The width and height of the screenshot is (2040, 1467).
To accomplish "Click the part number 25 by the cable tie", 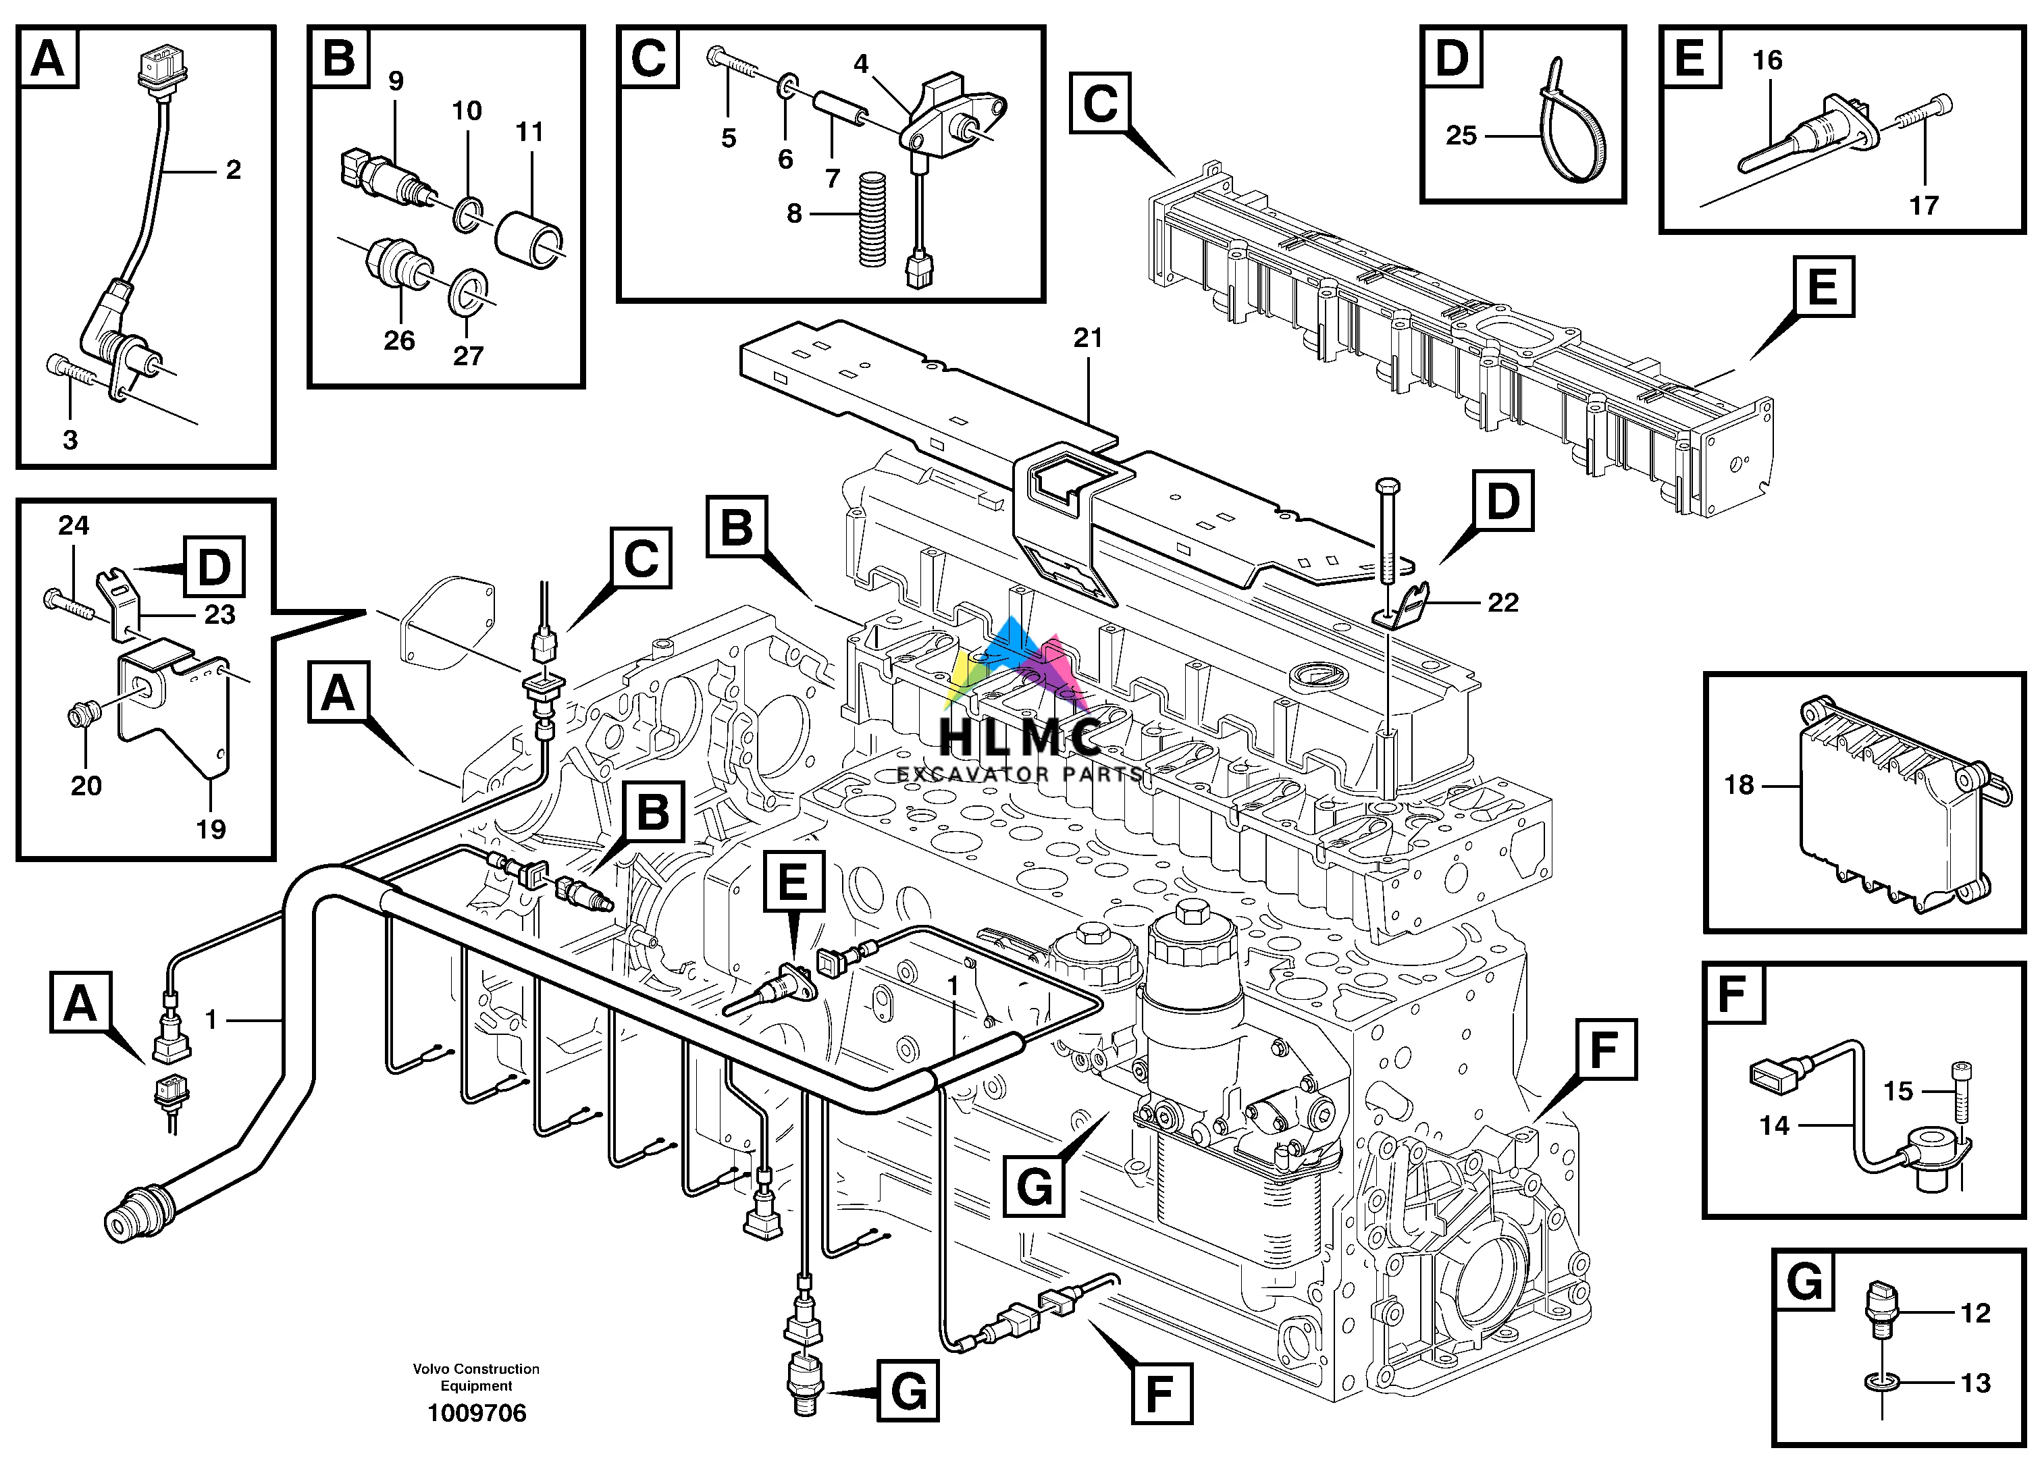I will coord(1461,136).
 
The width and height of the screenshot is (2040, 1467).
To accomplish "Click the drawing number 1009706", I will coord(477,1413).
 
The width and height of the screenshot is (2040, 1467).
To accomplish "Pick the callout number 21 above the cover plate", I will coord(1087,338).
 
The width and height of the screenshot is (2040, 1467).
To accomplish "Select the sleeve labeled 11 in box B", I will coord(530,238).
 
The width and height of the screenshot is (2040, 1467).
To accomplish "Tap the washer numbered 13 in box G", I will coord(1878,1381).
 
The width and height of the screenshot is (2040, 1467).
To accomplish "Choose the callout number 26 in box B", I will coord(398,341).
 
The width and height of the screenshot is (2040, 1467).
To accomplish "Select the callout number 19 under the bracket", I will coord(211,828).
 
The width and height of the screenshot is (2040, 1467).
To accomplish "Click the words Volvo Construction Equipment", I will coord(476,1377).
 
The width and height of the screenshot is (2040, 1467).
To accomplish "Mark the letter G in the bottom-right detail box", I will coord(1804,1280).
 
